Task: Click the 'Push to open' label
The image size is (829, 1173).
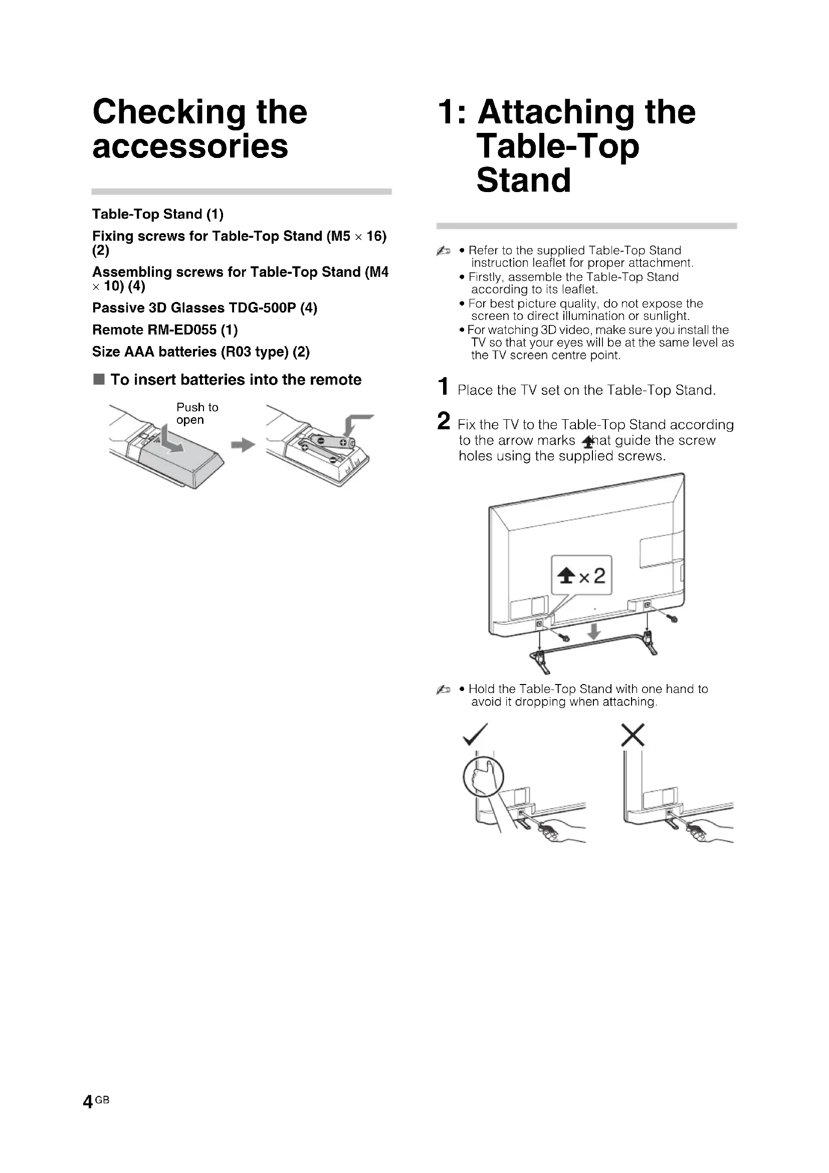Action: click(x=197, y=414)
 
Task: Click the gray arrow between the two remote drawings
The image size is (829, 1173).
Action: click(x=243, y=445)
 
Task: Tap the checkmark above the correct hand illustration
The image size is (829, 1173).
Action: click(x=475, y=735)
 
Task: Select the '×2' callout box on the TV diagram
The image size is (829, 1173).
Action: click(x=581, y=576)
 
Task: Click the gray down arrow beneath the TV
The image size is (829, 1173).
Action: click(x=593, y=632)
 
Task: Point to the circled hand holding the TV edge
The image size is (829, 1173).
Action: click(x=483, y=777)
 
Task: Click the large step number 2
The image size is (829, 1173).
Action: click(x=444, y=421)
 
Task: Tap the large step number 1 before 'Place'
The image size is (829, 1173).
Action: click(x=444, y=387)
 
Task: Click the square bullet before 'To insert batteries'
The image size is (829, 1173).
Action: click(x=99, y=380)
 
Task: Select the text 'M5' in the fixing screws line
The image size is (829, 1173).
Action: click(x=340, y=236)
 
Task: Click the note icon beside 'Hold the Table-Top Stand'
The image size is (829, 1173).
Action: click(x=443, y=690)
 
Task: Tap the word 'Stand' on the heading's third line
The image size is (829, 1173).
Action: click(x=524, y=181)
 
